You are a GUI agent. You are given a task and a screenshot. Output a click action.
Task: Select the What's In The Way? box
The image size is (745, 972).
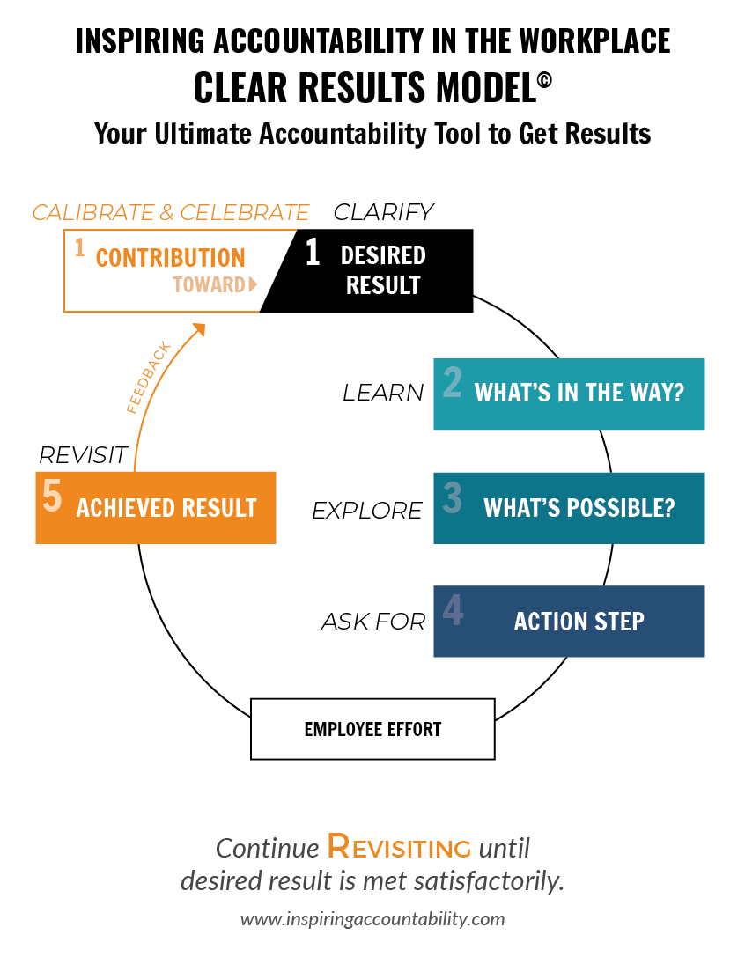[569, 394]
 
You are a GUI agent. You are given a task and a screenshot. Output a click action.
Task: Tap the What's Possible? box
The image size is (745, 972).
[569, 508]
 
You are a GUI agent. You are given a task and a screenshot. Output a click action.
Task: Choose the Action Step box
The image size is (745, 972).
[569, 621]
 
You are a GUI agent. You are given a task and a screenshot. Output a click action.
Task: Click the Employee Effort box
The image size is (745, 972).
[372, 729]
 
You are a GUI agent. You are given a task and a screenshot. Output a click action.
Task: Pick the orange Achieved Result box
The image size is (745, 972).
[156, 508]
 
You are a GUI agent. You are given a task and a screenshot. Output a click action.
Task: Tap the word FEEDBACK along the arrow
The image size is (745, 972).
[148, 377]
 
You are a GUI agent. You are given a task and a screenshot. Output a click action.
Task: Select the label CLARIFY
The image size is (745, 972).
[384, 212]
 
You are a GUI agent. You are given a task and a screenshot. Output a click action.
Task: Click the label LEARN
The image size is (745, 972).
[383, 393]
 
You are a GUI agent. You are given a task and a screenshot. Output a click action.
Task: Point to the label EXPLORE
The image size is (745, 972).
[367, 511]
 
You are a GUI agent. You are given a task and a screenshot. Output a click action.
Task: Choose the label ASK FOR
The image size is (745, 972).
[373, 621]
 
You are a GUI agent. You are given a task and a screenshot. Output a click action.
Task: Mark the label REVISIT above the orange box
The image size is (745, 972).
[83, 455]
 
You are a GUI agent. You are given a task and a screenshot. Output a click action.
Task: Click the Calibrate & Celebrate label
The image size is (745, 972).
[171, 212]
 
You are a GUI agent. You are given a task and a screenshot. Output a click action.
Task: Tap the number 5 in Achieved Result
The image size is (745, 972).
[52, 496]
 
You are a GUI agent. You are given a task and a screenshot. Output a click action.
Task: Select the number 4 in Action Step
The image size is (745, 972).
[453, 609]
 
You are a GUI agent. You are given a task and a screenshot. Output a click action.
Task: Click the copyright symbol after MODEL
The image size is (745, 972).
[545, 81]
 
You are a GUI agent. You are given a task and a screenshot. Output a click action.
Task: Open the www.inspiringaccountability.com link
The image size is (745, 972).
[372, 918]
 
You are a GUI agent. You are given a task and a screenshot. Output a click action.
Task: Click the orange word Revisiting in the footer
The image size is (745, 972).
[399, 847]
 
